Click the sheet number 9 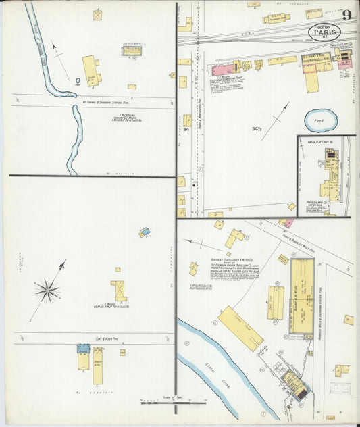345,16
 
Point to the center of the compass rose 47,291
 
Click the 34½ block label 257,128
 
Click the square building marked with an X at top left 98,14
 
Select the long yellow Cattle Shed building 240,328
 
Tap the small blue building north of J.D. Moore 145,232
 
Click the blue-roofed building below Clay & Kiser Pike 82,349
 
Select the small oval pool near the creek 78,83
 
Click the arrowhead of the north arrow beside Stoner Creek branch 53,46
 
